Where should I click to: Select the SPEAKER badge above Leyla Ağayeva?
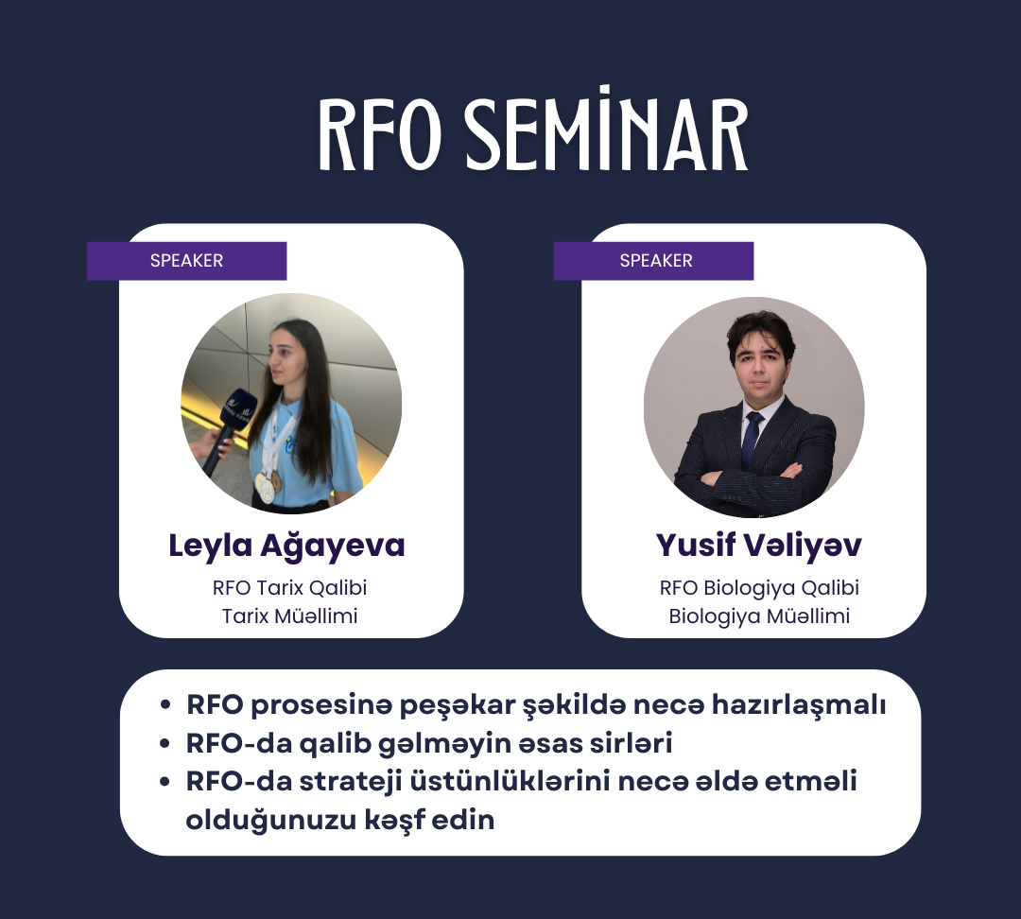coord(187,261)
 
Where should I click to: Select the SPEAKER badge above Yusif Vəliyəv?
coord(654,261)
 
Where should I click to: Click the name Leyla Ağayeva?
coord(286,546)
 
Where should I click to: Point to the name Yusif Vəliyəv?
coord(758,546)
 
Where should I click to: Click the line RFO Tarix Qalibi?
coord(290,587)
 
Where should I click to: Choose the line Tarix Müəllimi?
coord(290,616)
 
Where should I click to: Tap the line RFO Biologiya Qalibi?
coord(759,588)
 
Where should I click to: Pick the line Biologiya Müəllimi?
coord(759,616)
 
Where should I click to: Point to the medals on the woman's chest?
coord(268,486)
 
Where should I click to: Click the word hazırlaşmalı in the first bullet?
coord(799,705)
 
